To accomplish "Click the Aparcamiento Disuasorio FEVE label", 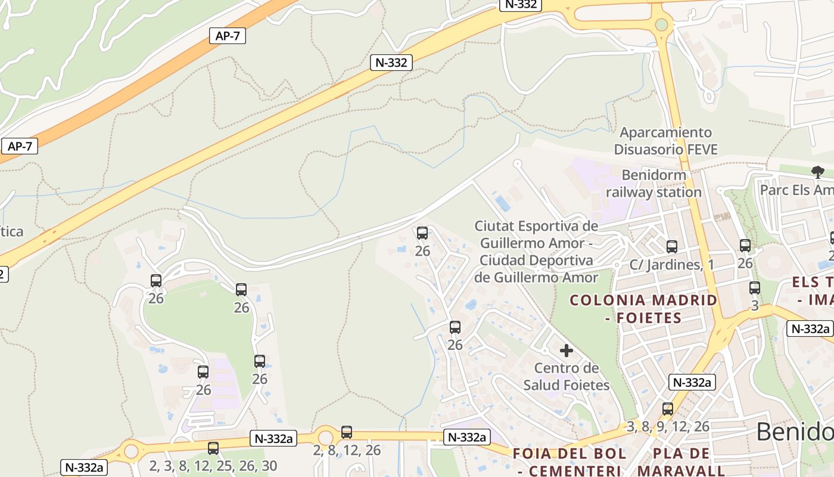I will [x=665, y=141].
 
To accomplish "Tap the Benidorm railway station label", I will [x=653, y=184].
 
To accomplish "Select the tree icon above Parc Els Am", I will [x=817, y=172].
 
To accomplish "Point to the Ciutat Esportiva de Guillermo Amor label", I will [x=536, y=252].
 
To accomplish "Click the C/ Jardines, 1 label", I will [x=671, y=265].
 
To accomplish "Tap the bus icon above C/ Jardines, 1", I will [x=671, y=246].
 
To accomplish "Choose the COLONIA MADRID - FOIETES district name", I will [x=643, y=308].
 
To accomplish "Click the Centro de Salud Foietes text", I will [x=566, y=376].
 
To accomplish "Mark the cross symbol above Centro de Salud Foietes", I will [x=566, y=350].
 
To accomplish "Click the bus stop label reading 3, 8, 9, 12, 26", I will [x=668, y=426].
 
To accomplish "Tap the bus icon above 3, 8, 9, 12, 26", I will [x=668, y=409].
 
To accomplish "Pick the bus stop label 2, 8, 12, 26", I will [x=347, y=450].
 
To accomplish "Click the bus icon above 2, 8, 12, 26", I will [x=347, y=432].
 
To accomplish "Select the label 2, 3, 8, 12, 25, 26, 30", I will [x=213, y=466].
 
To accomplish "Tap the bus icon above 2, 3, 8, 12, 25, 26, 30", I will [x=213, y=448].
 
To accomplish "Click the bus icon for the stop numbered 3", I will [x=755, y=288].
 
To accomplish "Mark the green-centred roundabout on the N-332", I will [x=661, y=24].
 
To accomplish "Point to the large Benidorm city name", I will [x=795, y=432].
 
